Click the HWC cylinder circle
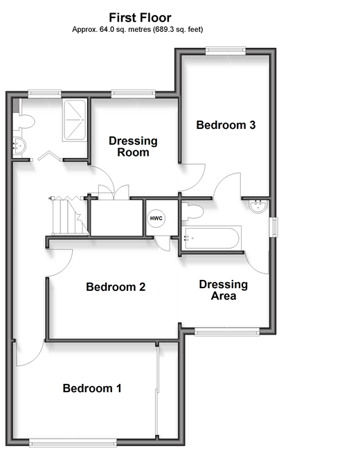pos(156,218)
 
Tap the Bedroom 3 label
pos(226,125)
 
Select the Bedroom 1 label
pos(92,388)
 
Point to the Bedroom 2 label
pos(116,287)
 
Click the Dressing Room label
pos(133,146)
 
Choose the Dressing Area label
pos(224,290)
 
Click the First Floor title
pos(140,17)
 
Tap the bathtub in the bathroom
pos(212,238)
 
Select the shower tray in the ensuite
pos(75,120)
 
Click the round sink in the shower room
pos(19,146)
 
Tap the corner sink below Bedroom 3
pos(258,206)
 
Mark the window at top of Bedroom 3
pos(226,51)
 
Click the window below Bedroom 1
pos(73,443)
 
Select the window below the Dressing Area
pos(227,332)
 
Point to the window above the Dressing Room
pos(133,94)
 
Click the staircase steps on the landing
pos(69,215)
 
